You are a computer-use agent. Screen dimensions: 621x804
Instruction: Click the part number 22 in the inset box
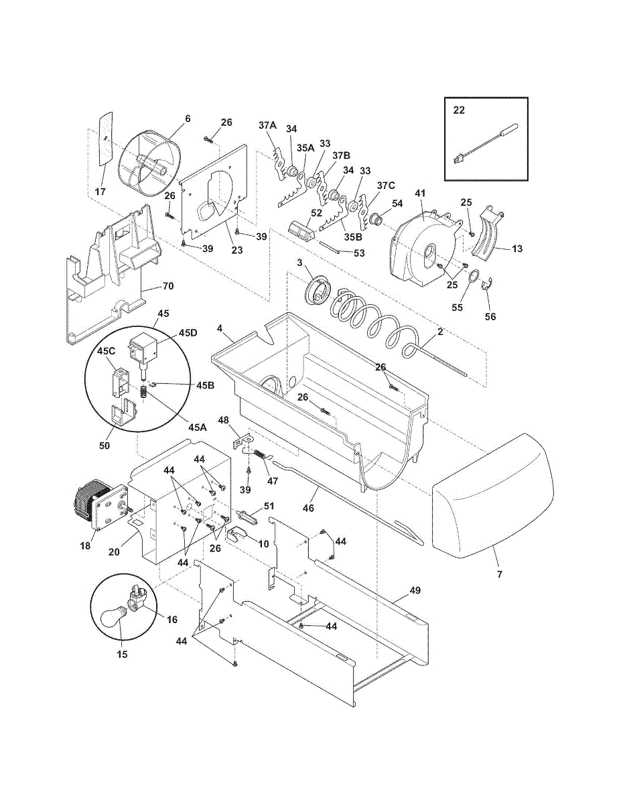click(459, 111)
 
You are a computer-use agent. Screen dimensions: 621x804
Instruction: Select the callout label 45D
click(188, 332)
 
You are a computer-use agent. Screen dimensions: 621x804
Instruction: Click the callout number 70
click(168, 286)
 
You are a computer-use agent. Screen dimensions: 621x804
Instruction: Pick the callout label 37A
click(267, 125)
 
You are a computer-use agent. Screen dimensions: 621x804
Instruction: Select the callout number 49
click(415, 590)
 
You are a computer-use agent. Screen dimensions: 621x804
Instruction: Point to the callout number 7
click(500, 574)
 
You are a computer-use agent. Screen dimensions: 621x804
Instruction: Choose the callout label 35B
click(353, 237)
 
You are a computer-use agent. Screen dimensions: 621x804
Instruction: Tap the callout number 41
click(420, 193)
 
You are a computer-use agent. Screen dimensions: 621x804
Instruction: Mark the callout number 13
click(516, 249)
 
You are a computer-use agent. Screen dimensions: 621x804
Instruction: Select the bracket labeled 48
click(243, 442)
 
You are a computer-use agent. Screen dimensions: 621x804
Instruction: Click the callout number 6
click(188, 119)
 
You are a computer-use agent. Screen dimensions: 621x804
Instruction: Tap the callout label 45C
click(106, 351)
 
